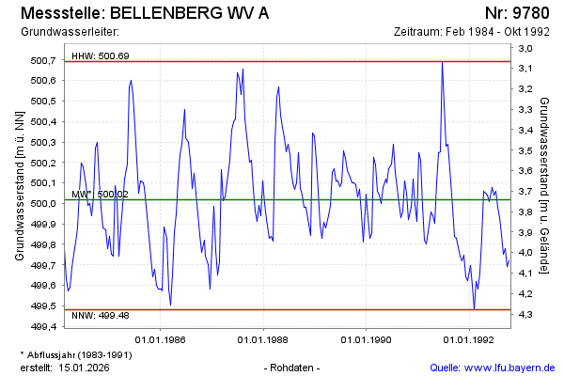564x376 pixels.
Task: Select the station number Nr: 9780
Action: (518, 14)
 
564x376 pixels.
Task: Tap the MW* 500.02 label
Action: (100, 195)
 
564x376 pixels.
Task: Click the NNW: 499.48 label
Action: (100, 316)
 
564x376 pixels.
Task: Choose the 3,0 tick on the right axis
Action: (525, 48)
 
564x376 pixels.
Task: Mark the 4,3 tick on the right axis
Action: (525, 313)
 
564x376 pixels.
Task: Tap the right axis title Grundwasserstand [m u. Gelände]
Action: (545, 187)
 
